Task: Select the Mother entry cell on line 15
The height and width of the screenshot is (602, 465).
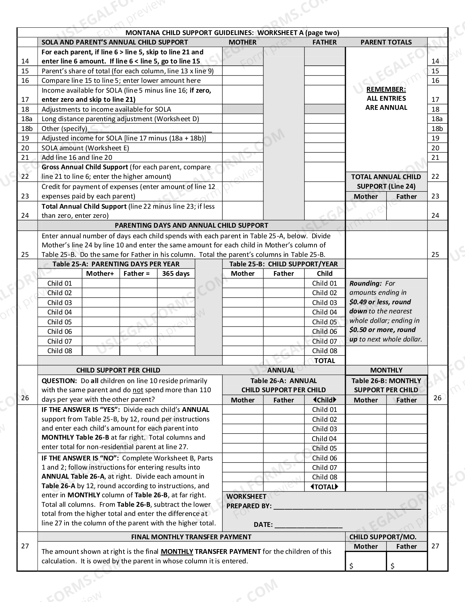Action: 243,71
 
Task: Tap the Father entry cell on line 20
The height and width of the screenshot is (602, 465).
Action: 325,148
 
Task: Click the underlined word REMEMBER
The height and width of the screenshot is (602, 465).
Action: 386,89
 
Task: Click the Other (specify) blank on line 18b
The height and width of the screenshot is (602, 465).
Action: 150,129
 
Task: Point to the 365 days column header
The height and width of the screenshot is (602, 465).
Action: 176,274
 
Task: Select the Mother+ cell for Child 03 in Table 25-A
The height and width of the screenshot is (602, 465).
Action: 101,302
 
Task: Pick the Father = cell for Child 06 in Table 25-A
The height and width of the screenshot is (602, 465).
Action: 138,331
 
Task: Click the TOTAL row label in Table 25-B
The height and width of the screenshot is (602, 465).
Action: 324,361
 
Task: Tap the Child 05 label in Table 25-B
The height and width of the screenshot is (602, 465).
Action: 324,322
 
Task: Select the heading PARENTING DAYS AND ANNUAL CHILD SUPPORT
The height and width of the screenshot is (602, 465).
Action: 191,225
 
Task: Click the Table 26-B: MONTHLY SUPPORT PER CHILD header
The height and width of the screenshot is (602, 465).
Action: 386,385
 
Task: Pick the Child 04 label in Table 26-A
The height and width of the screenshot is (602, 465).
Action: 324,439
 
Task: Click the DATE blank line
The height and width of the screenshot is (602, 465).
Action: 308,525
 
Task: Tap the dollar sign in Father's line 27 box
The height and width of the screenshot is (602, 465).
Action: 392,566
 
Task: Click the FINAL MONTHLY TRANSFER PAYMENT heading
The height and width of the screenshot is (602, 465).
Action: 191,537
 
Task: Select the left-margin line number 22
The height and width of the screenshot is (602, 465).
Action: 25,177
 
